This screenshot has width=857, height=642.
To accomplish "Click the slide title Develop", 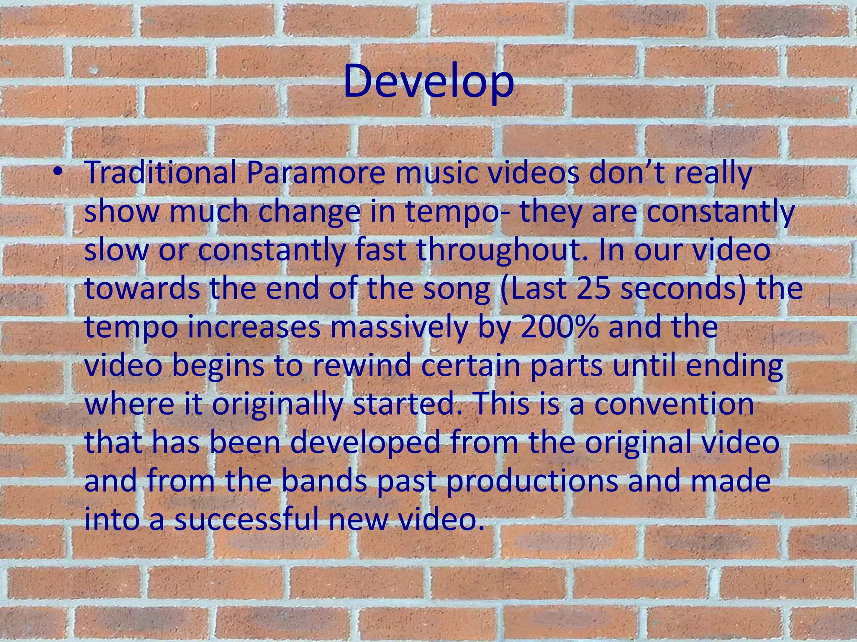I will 428,83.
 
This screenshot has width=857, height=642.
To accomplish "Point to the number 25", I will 593,289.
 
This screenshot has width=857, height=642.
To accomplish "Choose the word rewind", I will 361,366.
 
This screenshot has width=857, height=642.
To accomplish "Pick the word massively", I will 398,327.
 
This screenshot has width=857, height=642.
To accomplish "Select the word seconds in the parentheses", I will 678,289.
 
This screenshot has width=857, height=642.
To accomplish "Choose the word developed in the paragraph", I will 365,443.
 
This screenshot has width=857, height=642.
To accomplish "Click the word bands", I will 324,481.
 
